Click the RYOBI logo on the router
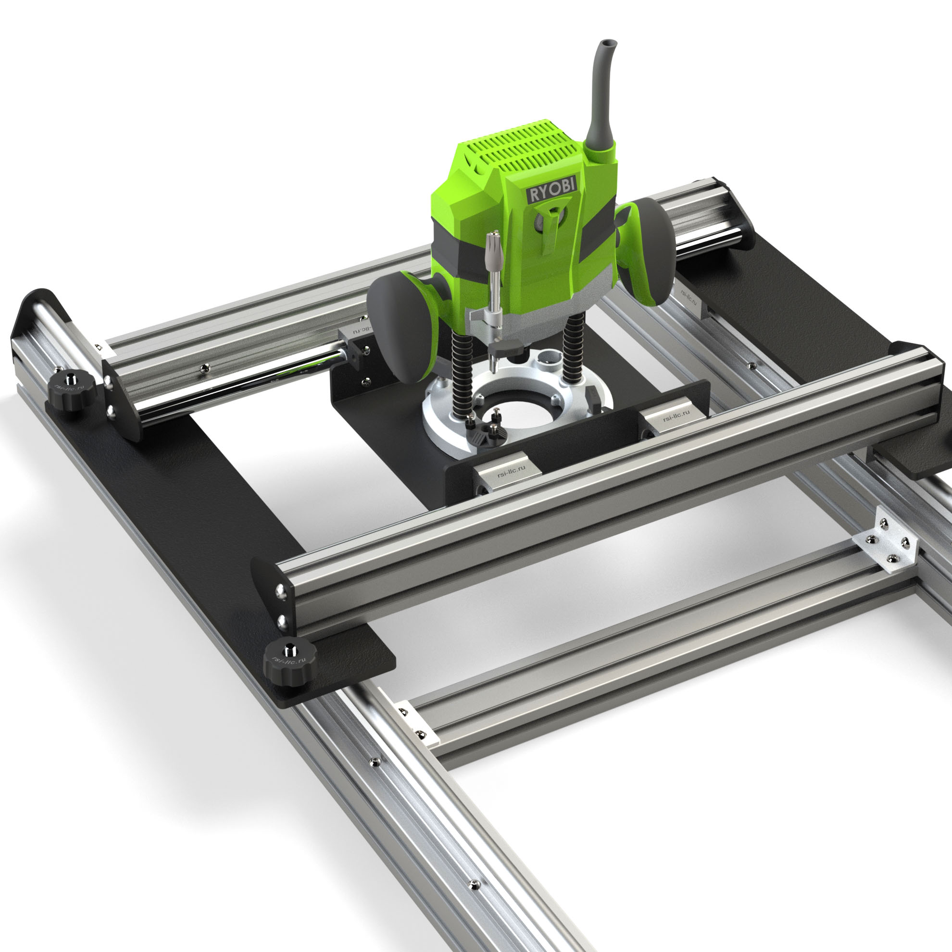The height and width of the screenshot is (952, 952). (552, 188)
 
